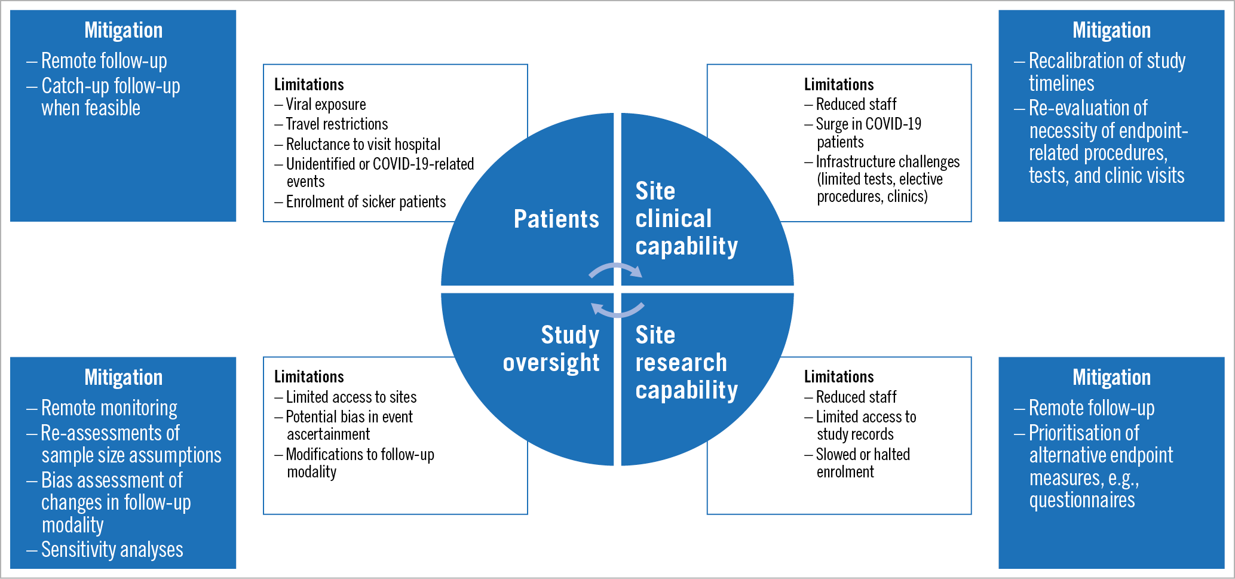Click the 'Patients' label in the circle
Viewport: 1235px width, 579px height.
click(556, 219)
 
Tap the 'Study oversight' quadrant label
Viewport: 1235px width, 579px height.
click(551, 349)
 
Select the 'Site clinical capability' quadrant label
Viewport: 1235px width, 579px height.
click(687, 219)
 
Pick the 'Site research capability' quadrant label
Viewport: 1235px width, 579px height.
click(687, 362)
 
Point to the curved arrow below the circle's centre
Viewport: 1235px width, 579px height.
click(618, 310)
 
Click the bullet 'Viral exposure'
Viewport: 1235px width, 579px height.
click(326, 105)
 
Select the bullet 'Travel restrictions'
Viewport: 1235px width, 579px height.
click(337, 124)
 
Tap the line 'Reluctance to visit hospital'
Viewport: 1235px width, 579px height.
click(363, 145)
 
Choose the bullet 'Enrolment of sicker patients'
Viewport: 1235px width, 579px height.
click(366, 202)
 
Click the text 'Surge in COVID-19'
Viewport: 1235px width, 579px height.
click(868, 124)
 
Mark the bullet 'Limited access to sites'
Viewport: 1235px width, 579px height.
click(351, 397)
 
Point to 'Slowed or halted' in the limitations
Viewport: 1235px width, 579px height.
click(863, 455)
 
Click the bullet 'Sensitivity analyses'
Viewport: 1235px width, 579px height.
click(112, 550)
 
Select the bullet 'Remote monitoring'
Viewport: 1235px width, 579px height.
click(109, 408)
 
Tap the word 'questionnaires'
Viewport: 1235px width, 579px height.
click(1081, 500)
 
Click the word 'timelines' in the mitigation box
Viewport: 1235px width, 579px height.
click(1061, 84)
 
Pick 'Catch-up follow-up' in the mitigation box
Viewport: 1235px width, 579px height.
click(111, 86)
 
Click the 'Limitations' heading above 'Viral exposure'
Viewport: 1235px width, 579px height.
click(309, 84)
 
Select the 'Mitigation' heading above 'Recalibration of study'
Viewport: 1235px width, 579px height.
click(1111, 30)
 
